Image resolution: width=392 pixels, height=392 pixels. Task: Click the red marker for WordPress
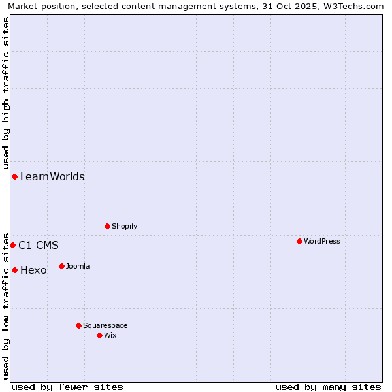299,241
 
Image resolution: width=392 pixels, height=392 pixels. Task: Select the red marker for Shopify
107,226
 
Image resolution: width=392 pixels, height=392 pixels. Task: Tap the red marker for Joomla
61,266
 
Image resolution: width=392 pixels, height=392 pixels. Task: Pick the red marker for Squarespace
78,325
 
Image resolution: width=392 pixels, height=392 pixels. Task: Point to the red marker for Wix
99,335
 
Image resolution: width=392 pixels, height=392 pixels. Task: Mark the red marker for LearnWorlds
14,176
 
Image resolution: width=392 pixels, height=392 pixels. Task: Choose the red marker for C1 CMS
12,245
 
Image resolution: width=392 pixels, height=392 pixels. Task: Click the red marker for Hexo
14,270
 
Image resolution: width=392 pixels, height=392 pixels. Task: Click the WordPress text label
321,241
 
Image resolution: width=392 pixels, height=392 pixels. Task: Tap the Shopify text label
124,226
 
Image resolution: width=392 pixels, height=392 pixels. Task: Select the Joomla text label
78,266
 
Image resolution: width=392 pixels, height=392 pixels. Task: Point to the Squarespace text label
105,325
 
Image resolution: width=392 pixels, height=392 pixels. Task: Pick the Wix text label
110,335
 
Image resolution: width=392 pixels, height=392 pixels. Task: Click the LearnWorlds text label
52,176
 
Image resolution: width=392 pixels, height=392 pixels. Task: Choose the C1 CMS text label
39,245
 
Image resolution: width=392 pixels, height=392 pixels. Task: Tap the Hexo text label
33,270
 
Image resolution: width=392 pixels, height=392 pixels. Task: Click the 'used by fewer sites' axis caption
67,387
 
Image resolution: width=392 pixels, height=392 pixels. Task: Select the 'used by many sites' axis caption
328,387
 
